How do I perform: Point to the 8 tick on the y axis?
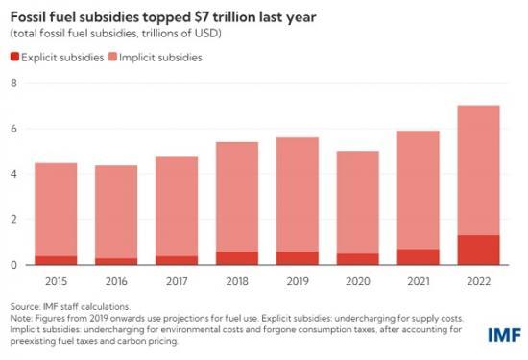(13, 84)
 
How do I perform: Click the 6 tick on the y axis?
(13, 129)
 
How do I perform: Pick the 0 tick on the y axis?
(13, 265)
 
